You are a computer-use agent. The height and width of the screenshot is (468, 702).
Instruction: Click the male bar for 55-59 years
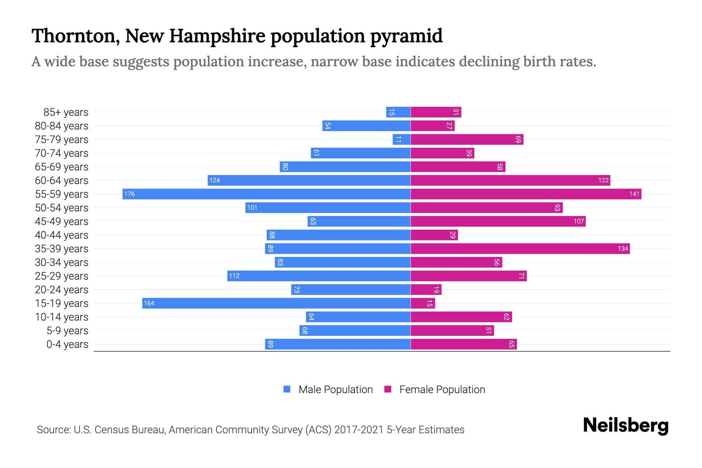[x=266, y=194]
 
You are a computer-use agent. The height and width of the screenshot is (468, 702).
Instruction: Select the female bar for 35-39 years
[x=520, y=248]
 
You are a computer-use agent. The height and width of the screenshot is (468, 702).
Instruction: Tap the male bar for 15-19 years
[x=276, y=303]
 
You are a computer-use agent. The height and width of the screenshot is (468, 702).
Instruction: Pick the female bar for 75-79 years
[x=467, y=139]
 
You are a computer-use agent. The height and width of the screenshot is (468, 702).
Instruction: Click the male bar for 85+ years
[x=398, y=112]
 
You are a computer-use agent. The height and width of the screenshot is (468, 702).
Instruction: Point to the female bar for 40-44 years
[x=434, y=235]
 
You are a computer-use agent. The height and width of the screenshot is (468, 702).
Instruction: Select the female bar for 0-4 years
[x=463, y=344]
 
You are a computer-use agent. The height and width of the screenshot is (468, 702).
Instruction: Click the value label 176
[x=129, y=194]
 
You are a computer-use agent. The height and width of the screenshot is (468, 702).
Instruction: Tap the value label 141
[x=634, y=194]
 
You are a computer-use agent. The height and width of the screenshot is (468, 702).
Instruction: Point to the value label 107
[x=578, y=221]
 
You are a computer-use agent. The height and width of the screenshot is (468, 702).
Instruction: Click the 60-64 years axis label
[x=62, y=181]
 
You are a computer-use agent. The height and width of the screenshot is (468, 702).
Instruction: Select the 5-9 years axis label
[x=67, y=331]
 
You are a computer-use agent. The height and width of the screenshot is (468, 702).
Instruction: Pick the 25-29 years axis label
[x=62, y=276]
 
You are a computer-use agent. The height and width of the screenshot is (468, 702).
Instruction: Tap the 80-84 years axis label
[x=62, y=126]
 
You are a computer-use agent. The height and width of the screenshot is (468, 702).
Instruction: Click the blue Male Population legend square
[x=287, y=389]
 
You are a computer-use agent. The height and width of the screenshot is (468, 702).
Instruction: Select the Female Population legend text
[x=442, y=389]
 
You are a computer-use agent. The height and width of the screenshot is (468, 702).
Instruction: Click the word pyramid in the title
[x=406, y=36]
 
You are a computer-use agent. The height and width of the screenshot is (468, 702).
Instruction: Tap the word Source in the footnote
[x=53, y=430]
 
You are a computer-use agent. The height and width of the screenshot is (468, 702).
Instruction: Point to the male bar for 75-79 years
[x=401, y=139]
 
